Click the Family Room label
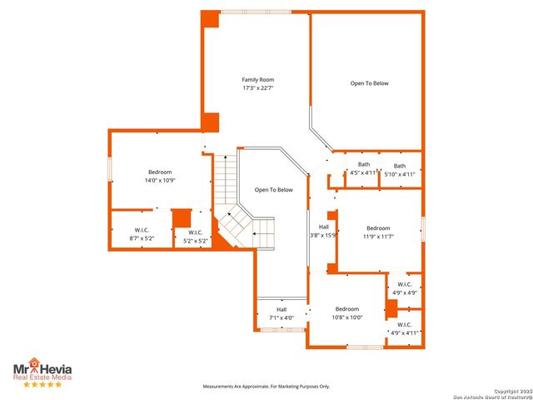258,79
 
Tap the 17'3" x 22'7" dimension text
258,87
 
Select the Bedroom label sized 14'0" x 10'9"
160,172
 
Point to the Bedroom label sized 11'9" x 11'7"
378,228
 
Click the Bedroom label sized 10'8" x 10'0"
347,308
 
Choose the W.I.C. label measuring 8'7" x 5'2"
142,231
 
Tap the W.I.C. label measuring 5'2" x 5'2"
195,232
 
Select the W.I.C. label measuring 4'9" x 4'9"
405,284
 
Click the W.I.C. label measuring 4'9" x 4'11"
404,324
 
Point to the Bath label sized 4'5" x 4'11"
364,165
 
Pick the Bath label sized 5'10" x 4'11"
400,166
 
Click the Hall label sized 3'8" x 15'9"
323,227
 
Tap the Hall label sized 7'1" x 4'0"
281,309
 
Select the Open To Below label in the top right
369,83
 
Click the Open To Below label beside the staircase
273,190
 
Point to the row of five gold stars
42,384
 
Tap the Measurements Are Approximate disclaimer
266,387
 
